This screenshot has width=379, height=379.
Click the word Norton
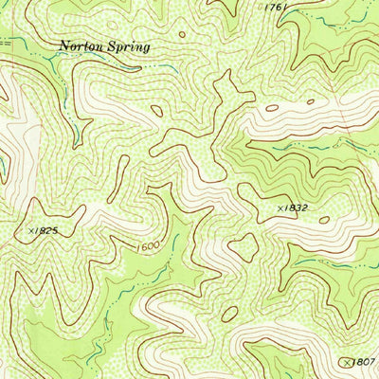(80, 45)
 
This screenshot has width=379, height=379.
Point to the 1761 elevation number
(276, 8)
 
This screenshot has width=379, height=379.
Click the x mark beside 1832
(280, 207)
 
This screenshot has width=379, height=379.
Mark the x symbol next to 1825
(32, 230)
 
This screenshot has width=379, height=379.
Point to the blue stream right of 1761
(327, 17)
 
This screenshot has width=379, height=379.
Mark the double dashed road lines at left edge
(5, 43)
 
